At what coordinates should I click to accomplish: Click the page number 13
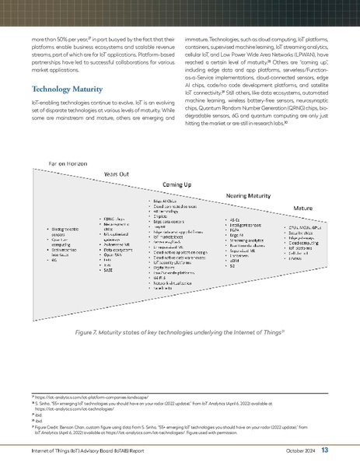[324, 450]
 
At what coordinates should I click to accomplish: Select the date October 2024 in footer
[295, 450]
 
